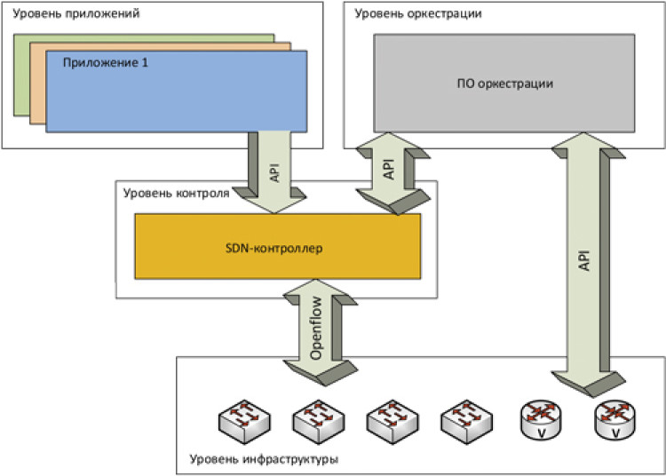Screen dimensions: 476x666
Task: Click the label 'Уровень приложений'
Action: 64,15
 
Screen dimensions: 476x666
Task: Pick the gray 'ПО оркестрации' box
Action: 503,83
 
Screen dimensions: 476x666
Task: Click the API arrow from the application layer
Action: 275,173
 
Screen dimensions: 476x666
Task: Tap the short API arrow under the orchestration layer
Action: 388,171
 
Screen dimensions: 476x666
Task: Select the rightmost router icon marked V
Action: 614,419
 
